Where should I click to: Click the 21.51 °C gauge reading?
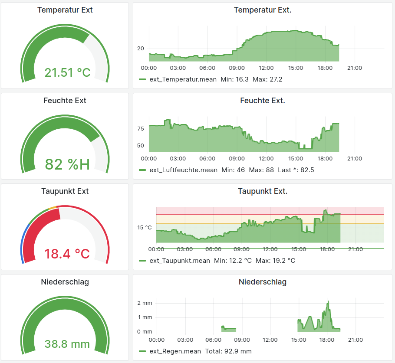click(x=67, y=72)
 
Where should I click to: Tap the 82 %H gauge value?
click(x=67, y=164)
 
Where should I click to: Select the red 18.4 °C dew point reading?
click(x=67, y=253)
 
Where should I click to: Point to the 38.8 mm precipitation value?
click(x=67, y=344)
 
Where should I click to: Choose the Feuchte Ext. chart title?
click(x=262, y=101)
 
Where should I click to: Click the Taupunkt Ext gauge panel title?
click(x=65, y=191)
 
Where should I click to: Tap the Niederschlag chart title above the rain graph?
click(x=262, y=282)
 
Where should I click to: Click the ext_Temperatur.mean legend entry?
click(x=183, y=79)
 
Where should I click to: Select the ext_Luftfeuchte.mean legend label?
click(x=183, y=170)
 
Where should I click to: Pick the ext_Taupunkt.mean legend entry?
click(x=180, y=261)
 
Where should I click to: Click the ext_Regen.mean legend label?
click(x=175, y=351)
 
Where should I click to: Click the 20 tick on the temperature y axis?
click(x=141, y=49)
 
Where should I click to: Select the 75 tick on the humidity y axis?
click(x=141, y=129)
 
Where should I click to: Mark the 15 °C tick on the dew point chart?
click(x=145, y=227)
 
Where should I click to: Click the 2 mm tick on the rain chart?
click(x=145, y=303)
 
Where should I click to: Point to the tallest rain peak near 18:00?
click(x=328, y=302)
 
